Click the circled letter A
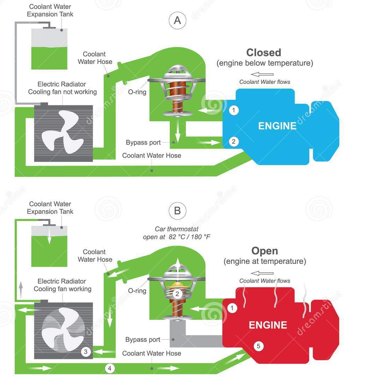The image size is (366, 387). (x=178, y=21)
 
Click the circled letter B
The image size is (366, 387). (x=178, y=211)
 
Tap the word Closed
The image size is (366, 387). (x=264, y=53)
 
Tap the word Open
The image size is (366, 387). (x=265, y=251)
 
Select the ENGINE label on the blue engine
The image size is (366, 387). (x=277, y=126)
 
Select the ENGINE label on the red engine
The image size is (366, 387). (x=268, y=325)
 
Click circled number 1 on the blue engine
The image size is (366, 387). (x=234, y=110)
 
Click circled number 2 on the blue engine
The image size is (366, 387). (x=234, y=142)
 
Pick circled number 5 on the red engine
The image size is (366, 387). (x=258, y=346)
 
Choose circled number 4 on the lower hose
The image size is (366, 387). (x=110, y=368)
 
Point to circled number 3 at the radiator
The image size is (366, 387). (x=86, y=351)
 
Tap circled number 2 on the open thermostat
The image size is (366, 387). (x=178, y=294)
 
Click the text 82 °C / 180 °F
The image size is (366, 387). (x=190, y=237)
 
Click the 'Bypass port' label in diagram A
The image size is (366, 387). (x=143, y=143)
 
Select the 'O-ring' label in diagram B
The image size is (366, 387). (x=137, y=291)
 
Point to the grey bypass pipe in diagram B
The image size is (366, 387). (x=197, y=340)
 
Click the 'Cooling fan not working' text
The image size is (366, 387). (x=63, y=92)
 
